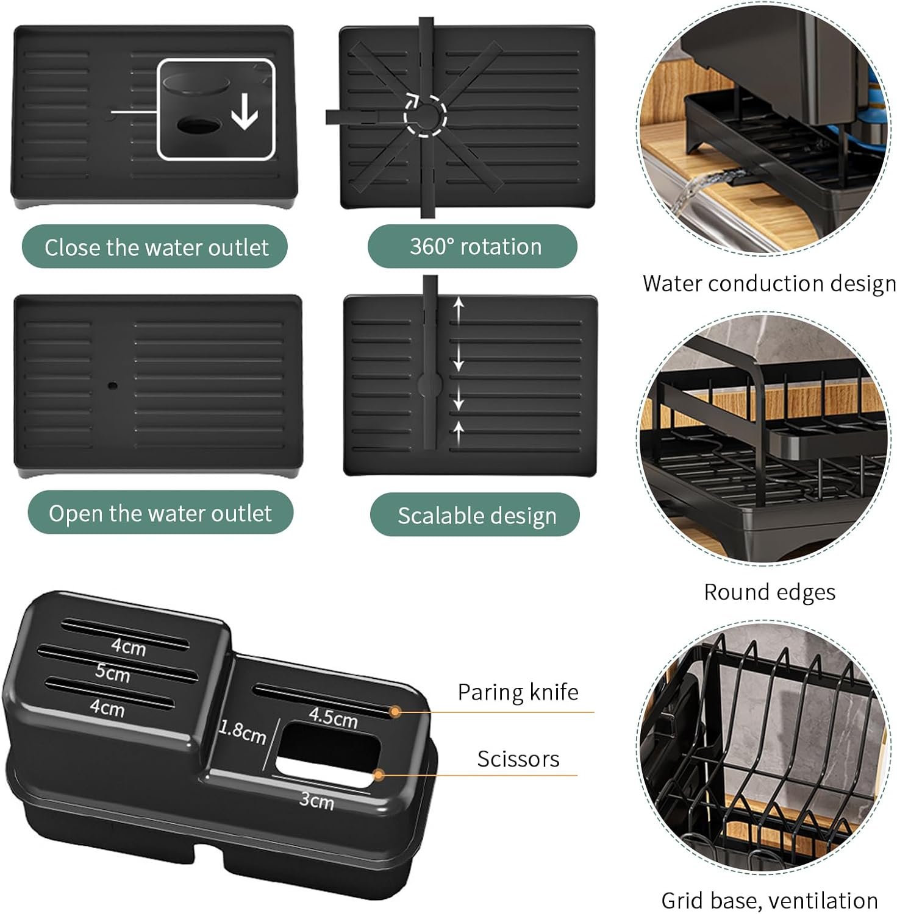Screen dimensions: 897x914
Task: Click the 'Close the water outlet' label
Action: click(x=155, y=247)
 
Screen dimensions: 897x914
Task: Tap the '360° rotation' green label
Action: click(x=473, y=246)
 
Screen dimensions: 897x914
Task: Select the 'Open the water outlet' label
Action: click(x=160, y=513)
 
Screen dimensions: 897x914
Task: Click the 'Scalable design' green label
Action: click(x=475, y=515)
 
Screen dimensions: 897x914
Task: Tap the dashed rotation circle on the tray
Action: click(x=426, y=114)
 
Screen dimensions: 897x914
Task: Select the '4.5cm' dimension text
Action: click(x=333, y=717)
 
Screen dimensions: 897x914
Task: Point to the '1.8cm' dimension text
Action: click(x=242, y=732)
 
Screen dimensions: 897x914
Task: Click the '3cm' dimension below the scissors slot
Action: click(x=316, y=800)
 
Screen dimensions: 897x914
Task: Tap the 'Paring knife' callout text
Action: click(x=518, y=692)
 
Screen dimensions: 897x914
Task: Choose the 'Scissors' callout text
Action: click(x=518, y=759)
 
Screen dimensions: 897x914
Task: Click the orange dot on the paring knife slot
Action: click(x=395, y=711)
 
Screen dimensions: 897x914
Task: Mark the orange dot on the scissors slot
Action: click(x=379, y=775)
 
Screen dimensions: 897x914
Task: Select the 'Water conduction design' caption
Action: click(x=769, y=284)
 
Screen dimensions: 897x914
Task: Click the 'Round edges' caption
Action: click(x=770, y=592)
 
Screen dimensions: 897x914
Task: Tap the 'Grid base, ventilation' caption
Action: click(x=770, y=900)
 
